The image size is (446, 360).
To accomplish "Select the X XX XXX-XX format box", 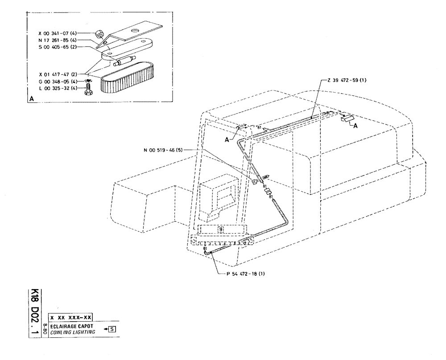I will pyautogui.click(x=71, y=317).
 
